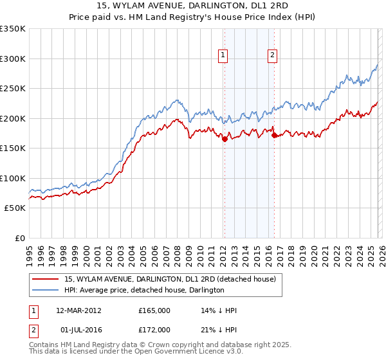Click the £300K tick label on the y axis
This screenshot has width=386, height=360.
(13, 59)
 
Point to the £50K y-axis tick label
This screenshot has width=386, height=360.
(15, 208)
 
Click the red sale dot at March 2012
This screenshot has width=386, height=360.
(225, 139)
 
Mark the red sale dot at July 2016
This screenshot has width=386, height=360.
(274, 135)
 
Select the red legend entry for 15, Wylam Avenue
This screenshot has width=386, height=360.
(170, 279)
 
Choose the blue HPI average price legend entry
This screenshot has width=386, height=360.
(144, 290)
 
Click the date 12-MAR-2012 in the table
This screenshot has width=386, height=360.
(78, 310)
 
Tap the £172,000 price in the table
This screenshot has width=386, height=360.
(154, 329)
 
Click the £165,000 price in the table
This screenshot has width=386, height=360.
(154, 310)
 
